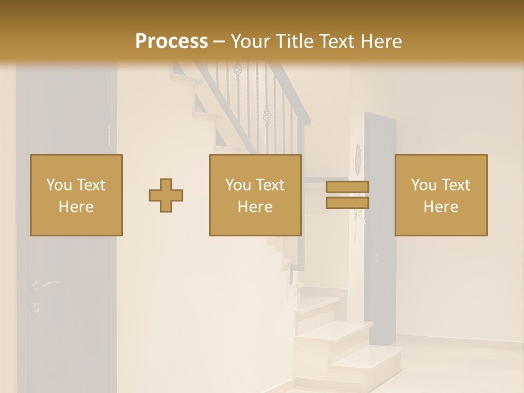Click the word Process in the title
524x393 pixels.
tap(171, 41)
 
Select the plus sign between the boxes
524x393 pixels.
tap(166, 195)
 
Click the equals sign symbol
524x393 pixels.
tap(347, 195)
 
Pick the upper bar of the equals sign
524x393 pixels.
tap(347, 187)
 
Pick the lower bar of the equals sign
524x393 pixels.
tap(347, 203)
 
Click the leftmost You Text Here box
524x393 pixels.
tap(76, 195)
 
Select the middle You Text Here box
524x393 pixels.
tap(255, 195)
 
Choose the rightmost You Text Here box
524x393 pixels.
tap(441, 195)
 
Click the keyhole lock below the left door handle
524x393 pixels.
tap(36, 307)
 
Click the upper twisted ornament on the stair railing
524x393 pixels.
tap(237, 69)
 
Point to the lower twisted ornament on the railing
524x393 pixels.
tap(266, 115)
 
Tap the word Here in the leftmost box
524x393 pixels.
tap(76, 207)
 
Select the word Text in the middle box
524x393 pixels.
tap(270, 185)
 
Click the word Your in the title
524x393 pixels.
tap(251, 41)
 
